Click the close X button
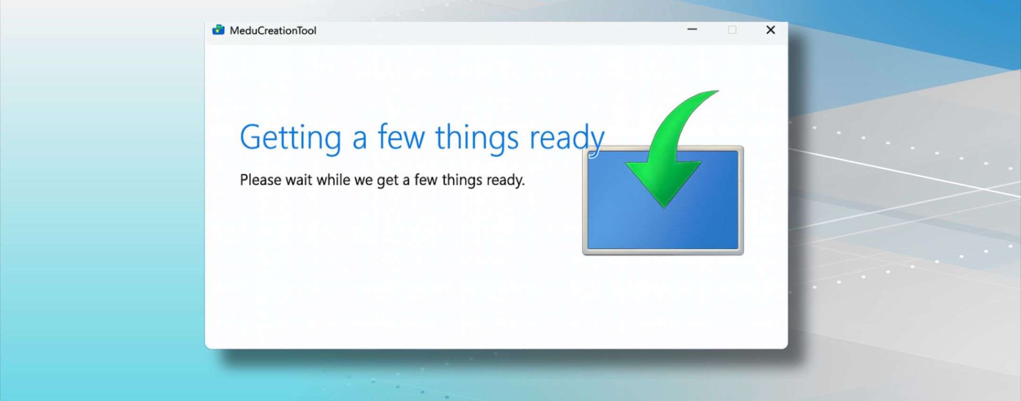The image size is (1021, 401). [x=770, y=30]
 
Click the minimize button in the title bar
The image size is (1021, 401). [x=692, y=30]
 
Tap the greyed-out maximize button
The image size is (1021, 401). [x=732, y=30]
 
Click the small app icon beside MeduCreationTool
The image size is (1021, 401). [x=218, y=30]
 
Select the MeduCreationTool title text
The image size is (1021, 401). [x=273, y=31]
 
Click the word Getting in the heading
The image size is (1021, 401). [x=290, y=138]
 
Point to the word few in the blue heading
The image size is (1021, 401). [x=401, y=137]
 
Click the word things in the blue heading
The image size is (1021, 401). [x=476, y=138]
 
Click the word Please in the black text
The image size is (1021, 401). [x=260, y=180]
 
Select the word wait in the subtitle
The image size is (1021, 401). [x=299, y=180]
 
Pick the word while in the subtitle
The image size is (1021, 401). [x=333, y=180]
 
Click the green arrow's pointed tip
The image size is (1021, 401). [x=665, y=206]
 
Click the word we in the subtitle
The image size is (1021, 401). [x=363, y=181]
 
